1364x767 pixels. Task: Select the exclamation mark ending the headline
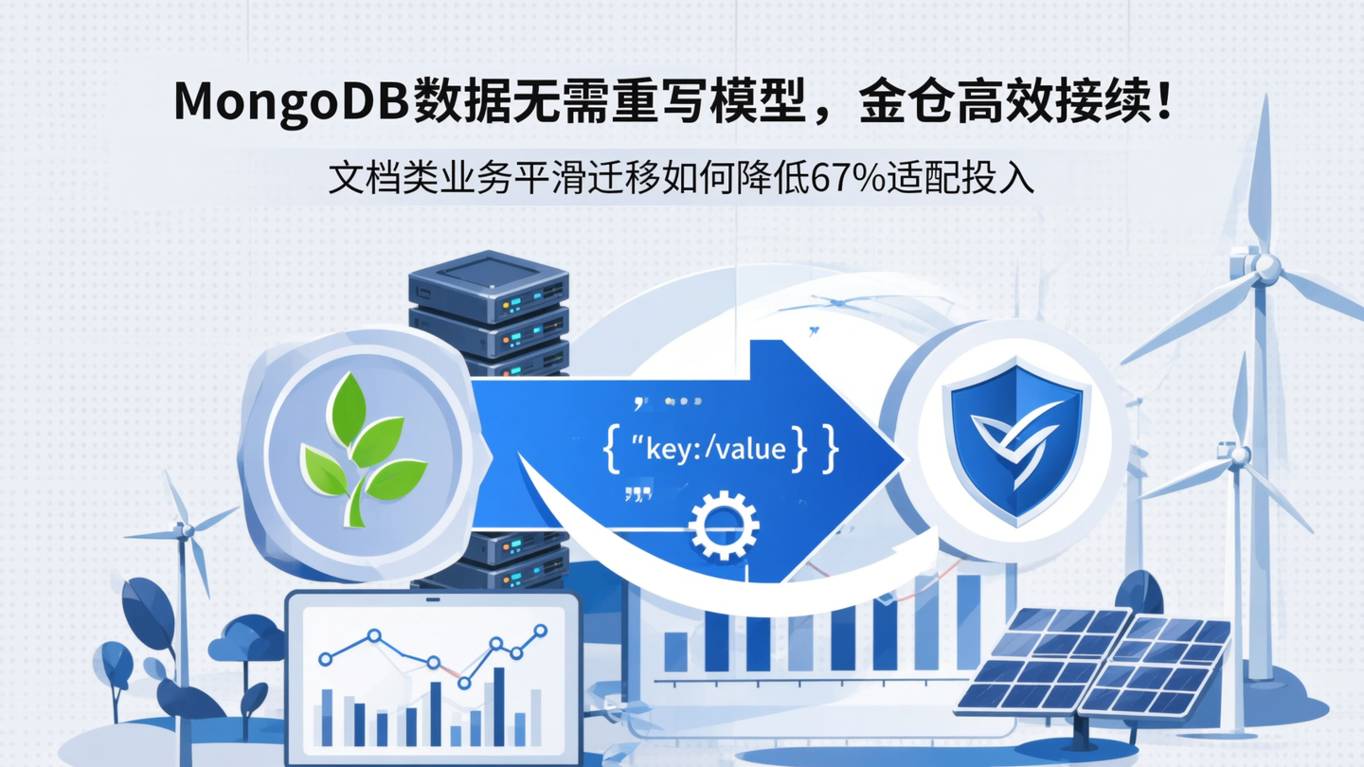[x=1162, y=100]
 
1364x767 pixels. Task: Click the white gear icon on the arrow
[x=724, y=524]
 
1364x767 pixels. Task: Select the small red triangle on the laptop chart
[x=464, y=683]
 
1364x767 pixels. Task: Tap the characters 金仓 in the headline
[x=916, y=102]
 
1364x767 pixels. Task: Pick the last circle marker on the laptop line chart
[x=540, y=630]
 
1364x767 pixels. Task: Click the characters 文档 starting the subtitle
[x=364, y=178]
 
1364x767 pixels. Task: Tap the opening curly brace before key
[x=611, y=447]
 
